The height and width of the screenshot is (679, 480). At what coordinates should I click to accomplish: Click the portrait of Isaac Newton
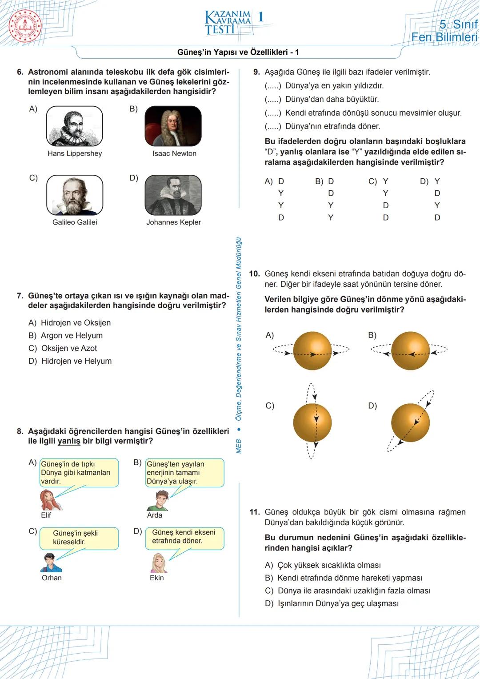tap(173, 126)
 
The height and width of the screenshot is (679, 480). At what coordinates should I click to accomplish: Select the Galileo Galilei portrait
tap(75, 195)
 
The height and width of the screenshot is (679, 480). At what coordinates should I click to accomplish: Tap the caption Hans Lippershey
tap(75, 153)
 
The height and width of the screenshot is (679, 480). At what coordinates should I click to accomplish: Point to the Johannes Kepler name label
tap(173, 222)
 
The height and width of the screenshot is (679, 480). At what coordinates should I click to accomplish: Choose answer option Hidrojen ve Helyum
tap(76, 361)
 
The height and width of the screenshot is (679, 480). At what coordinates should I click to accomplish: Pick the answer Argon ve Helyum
tap(72, 335)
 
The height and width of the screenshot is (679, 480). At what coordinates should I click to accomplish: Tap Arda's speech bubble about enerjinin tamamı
tap(184, 473)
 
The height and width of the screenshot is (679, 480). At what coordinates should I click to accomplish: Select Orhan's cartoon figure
tap(50, 562)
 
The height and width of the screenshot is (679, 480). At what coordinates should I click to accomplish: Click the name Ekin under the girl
tap(156, 578)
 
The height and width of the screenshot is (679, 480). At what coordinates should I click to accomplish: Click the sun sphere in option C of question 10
tap(312, 422)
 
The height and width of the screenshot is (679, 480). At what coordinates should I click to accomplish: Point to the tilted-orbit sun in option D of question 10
tap(411, 422)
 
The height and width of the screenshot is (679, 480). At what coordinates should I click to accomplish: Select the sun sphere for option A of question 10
tap(312, 351)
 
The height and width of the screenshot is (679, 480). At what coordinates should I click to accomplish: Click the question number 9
tap(256, 72)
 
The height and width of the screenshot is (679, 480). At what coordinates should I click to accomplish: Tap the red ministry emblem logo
tap(25, 26)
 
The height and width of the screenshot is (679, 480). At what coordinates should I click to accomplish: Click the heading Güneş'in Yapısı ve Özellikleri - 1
tap(238, 52)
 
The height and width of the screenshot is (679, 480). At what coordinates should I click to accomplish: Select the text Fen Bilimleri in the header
tap(444, 37)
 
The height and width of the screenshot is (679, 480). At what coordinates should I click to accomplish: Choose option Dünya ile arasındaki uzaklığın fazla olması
tap(354, 591)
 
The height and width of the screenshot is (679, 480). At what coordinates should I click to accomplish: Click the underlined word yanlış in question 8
tap(69, 441)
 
